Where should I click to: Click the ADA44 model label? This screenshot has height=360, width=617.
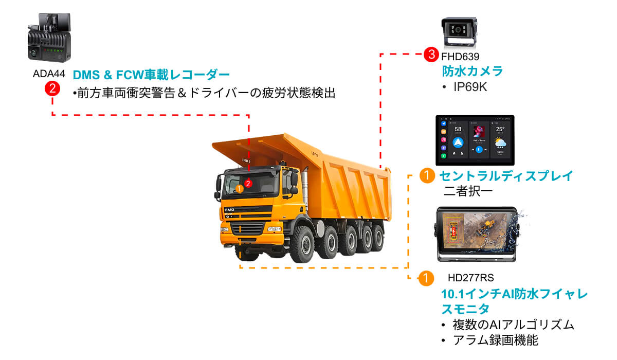[49, 74]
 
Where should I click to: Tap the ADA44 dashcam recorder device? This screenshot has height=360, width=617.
[49, 38]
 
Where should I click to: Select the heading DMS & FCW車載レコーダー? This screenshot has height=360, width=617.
[151, 75]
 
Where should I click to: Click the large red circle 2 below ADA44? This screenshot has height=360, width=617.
[52, 88]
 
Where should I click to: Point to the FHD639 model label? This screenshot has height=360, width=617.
[460, 57]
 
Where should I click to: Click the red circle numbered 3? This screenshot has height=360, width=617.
[431, 55]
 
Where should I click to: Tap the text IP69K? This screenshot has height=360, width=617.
[470, 87]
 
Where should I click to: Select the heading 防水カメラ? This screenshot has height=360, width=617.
[473, 71]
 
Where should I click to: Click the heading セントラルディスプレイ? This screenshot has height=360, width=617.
[506, 176]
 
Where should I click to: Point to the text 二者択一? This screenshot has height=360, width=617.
[468, 191]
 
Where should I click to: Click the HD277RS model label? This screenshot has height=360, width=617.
[471, 278]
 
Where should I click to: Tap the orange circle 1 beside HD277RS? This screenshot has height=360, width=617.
[426, 278]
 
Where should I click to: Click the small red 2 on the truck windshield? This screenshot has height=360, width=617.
[248, 184]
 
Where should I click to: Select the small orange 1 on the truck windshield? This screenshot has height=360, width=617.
[240, 189]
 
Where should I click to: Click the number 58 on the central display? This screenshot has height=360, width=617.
[458, 129]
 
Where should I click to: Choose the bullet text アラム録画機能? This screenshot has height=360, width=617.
[496, 340]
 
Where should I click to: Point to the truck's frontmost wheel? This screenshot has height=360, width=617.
[303, 245]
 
